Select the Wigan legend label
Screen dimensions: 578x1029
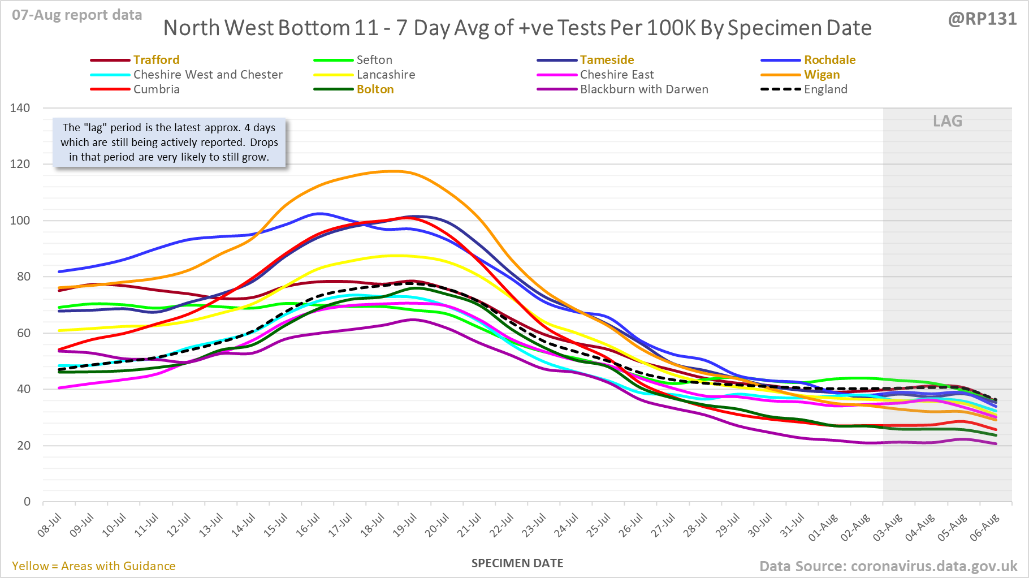coord(822,75)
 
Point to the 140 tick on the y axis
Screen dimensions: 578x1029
coord(20,108)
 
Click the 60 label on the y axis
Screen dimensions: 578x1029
coord(24,333)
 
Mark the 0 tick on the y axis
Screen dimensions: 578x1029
coord(27,502)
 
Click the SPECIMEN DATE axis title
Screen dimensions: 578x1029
coord(517,563)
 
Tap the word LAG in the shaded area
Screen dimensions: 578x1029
coord(948,121)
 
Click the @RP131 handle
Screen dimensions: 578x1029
coord(982,19)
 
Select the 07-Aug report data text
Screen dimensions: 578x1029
coord(77,15)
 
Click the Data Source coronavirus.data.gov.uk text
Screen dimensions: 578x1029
coord(888,566)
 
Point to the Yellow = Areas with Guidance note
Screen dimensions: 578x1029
coord(94,566)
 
